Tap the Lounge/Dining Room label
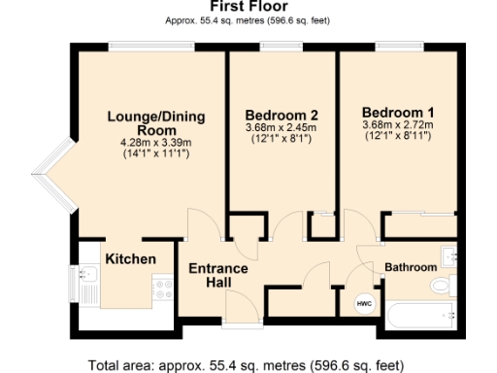[155, 123]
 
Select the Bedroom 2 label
[282, 113]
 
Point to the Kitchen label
[130, 259]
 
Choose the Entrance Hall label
[217, 275]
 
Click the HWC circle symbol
[364, 304]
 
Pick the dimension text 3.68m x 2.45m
[282, 126]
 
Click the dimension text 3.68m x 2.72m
[397, 123]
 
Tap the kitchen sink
[89, 288]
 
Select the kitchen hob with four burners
[162, 288]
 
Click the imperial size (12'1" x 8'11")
[397, 135]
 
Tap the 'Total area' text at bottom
[246, 365]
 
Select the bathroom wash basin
[448, 256]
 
